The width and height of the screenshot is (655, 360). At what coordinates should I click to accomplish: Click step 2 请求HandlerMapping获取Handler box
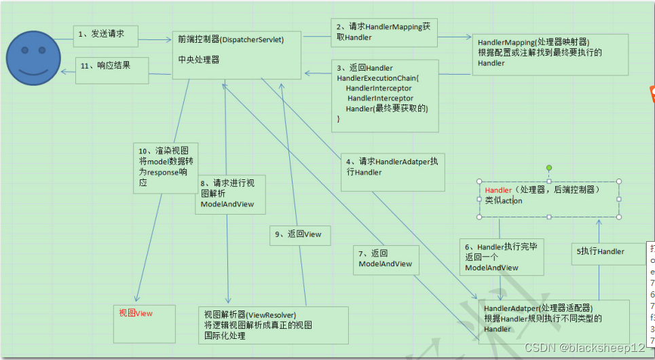pos(384,31)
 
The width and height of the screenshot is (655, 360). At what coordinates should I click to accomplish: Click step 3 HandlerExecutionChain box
pos(384,95)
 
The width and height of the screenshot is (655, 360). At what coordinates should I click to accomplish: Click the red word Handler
pos(498,190)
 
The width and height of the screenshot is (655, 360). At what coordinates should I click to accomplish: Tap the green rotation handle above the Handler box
pos(549,168)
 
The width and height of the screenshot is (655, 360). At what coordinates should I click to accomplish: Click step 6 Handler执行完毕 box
pos(502,257)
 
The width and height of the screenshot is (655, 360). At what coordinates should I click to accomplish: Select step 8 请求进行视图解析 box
pos(230,194)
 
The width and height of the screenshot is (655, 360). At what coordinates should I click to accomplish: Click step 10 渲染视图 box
pos(166,167)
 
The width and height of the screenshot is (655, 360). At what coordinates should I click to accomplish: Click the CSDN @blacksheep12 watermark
pos(584,348)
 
